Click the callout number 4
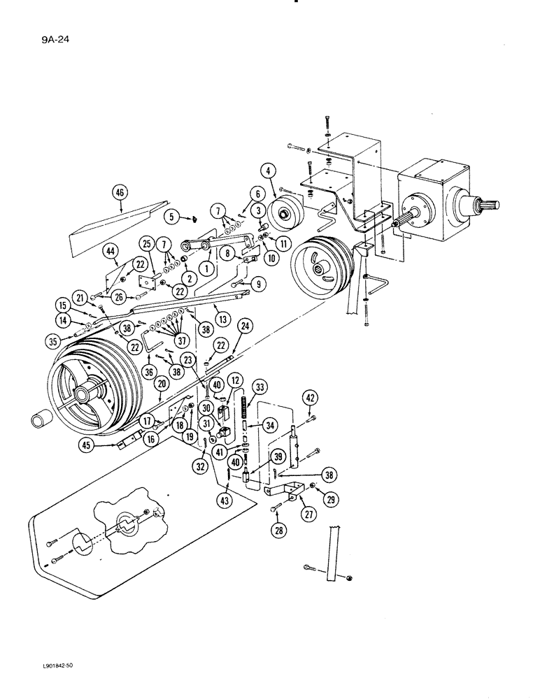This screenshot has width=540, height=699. coord(267,170)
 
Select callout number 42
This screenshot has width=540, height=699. coord(310,398)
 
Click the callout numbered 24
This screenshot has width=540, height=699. coord(244,325)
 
